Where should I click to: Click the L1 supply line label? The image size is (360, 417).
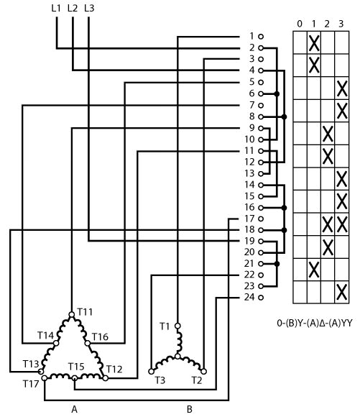[x=56, y=8]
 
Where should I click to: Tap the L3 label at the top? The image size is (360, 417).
[x=89, y=8]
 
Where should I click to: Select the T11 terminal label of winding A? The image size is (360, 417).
[x=85, y=311]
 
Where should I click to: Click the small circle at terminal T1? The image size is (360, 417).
[x=177, y=326]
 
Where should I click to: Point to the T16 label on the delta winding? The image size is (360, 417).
[x=100, y=337]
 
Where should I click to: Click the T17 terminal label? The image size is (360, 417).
[x=31, y=384]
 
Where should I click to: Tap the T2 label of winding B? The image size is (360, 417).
[x=197, y=380]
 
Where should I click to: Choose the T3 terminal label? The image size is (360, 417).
[x=160, y=380]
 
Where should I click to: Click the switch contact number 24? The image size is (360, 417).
[x=249, y=297]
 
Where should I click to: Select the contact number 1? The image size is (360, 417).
[x=251, y=36]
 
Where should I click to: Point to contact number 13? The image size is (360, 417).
[x=249, y=173]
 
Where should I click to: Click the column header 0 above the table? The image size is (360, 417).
[x=300, y=24]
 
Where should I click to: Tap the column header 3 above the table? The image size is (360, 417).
[x=341, y=24]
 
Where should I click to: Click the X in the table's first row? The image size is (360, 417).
[x=314, y=43]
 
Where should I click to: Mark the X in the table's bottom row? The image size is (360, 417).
[x=341, y=292]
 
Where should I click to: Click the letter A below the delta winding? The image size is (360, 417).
[x=75, y=409]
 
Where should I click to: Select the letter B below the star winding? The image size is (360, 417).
[x=189, y=409]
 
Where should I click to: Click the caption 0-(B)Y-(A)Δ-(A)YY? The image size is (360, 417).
[x=315, y=323]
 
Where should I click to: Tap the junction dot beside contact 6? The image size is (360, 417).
[x=277, y=94]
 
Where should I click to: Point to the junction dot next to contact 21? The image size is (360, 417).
[x=277, y=264]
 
